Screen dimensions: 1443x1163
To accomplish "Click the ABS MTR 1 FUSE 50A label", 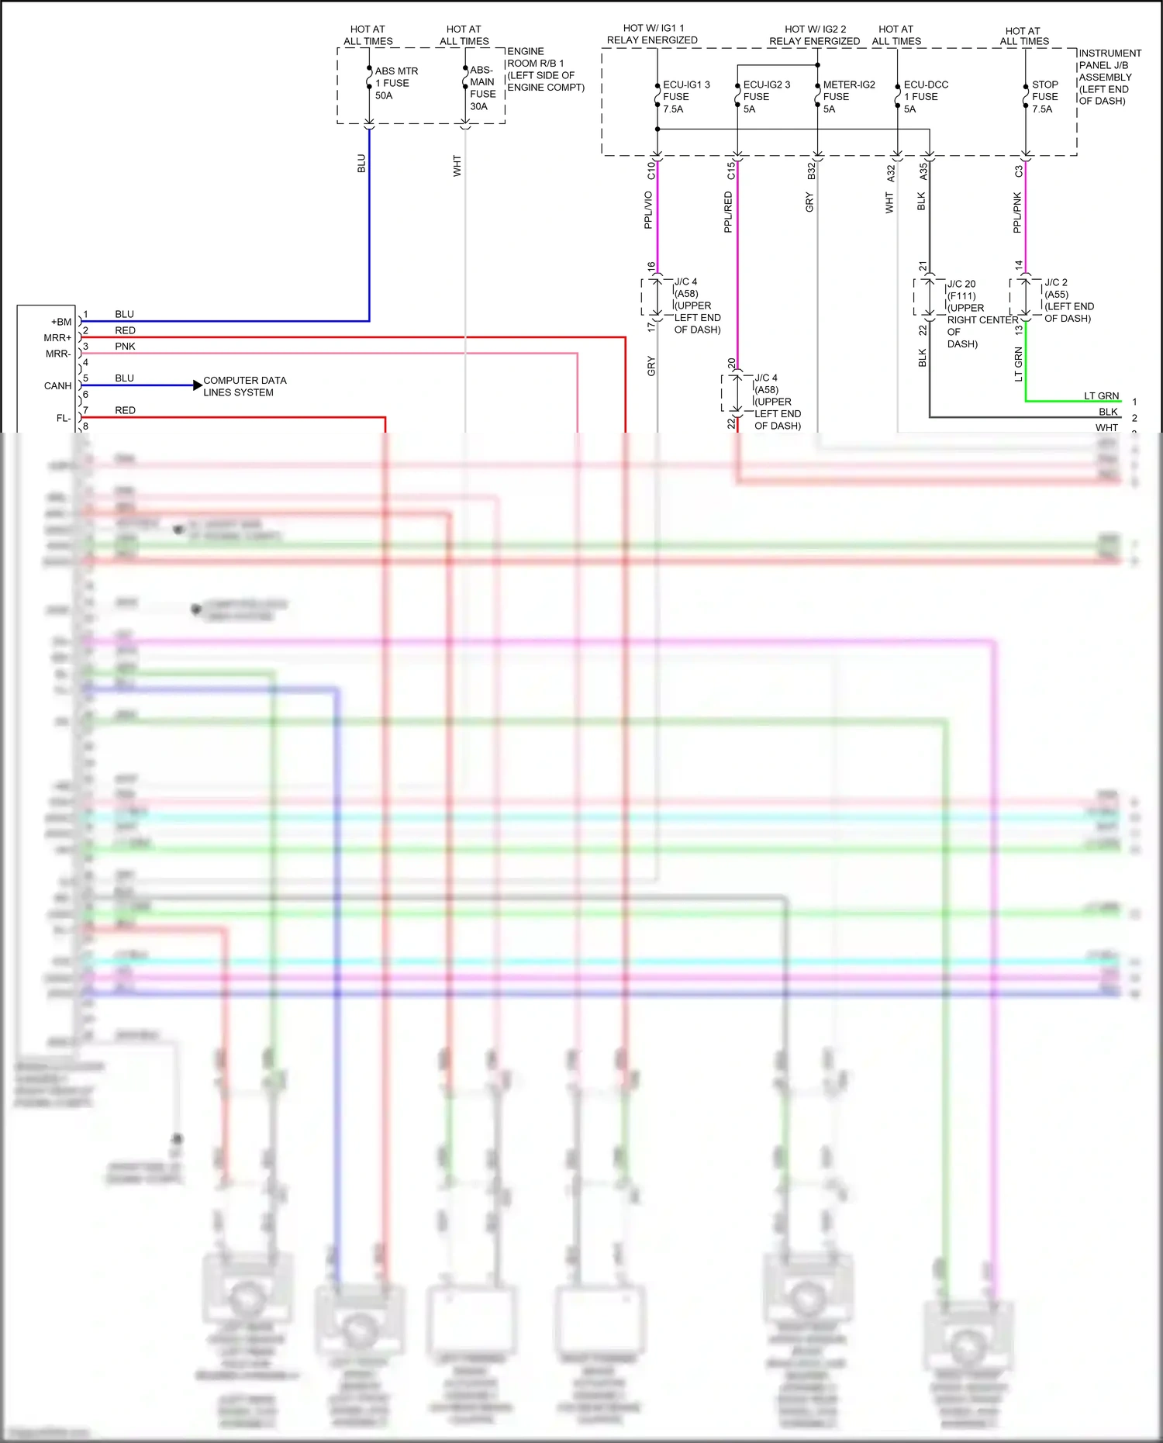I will click(395, 83).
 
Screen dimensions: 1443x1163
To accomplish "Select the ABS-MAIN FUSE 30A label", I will click(482, 88).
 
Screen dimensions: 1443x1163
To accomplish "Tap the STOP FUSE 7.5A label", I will click(1044, 97).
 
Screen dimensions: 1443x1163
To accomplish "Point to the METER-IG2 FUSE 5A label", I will click(848, 97).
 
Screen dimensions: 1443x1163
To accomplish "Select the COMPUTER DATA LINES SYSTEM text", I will click(244, 386).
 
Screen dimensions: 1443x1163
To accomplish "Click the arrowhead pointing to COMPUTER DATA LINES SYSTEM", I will click(198, 385).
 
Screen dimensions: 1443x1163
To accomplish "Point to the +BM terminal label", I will click(61, 322).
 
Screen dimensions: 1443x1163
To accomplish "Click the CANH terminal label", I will click(57, 386).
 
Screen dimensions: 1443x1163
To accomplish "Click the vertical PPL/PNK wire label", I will click(1017, 213).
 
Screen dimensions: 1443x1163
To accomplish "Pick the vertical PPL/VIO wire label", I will click(648, 210).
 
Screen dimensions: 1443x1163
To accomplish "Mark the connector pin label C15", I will click(730, 171).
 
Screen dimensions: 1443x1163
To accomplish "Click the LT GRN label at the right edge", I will click(1101, 396).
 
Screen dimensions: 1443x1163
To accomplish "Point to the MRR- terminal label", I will click(58, 354).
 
